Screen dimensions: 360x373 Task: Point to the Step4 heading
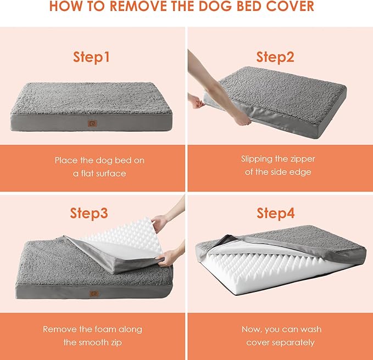pyautogui.click(x=280, y=213)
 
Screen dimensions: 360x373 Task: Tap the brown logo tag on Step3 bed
pyautogui.click(x=94, y=294)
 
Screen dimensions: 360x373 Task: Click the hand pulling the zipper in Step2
pyautogui.click(x=196, y=102)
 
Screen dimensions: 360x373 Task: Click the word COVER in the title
pyautogui.click(x=292, y=7)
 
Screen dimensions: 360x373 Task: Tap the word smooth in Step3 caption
pyautogui.click(x=94, y=342)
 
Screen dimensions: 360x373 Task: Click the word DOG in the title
pyautogui.click(x=213, y=7)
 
